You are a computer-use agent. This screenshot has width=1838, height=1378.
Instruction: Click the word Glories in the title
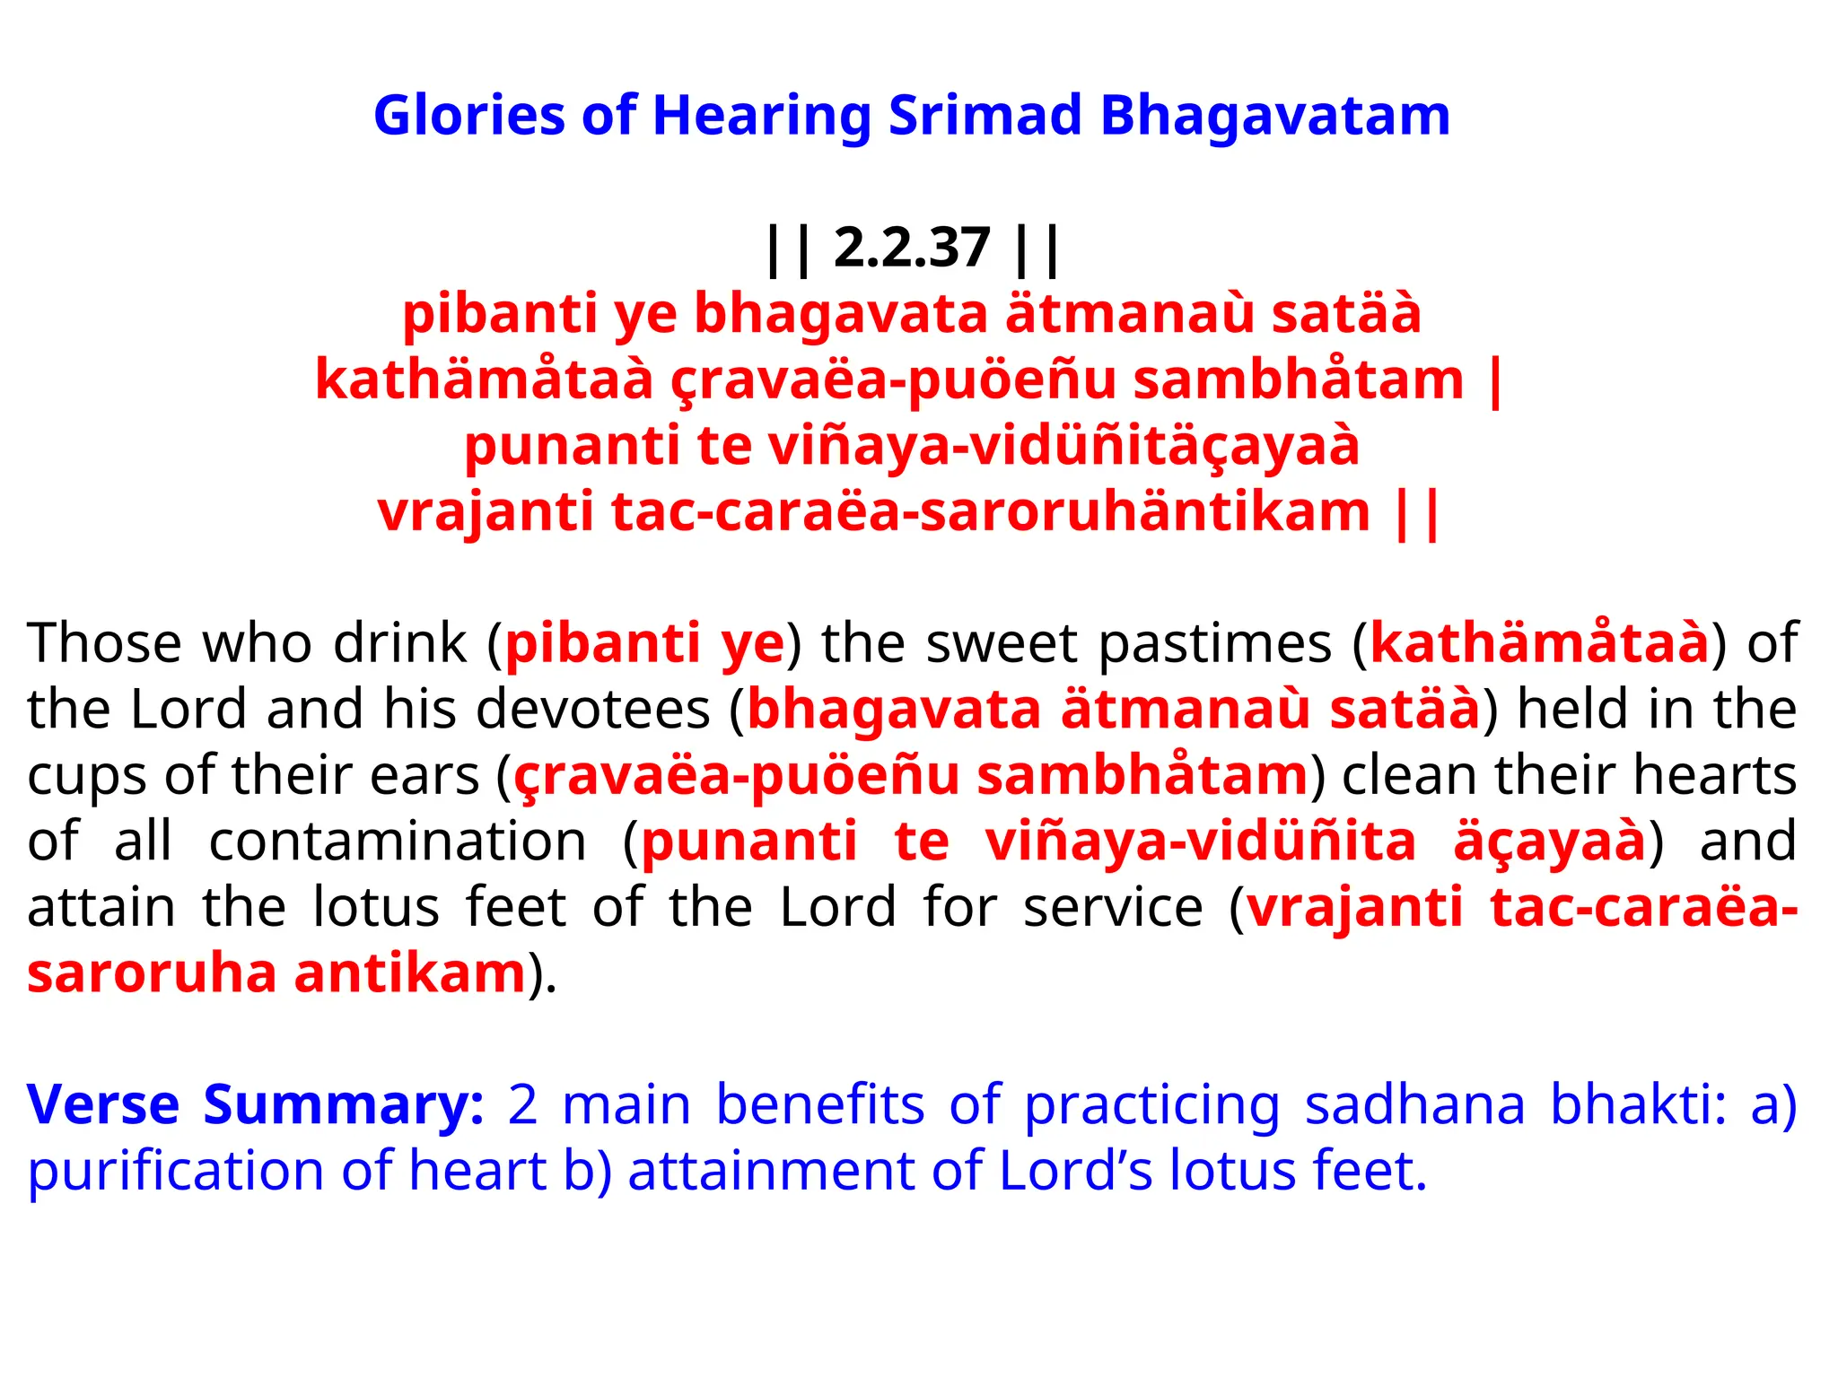coord(468,117)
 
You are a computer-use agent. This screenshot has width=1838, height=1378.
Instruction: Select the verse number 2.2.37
coord(912,249)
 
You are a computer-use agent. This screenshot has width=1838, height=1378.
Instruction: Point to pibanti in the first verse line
coord(499,314)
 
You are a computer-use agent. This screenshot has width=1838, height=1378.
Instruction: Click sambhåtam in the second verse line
coord(1299,379)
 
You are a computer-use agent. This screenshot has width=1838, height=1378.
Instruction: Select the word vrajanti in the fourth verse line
coord(486,512)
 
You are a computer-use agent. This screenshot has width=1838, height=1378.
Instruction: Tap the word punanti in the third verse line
coord(572,446)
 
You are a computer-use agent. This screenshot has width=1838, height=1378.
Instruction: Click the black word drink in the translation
coord(400,643)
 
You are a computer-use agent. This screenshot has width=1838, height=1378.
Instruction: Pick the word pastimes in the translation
coord(1215,643)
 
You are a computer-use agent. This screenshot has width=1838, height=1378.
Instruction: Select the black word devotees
coord(593,710)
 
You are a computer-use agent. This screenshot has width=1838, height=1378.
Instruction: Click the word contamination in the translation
coord(398,842)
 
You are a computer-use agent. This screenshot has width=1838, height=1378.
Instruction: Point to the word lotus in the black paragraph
coord(376,907)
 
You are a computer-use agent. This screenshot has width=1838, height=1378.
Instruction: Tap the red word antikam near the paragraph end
coord(410,973)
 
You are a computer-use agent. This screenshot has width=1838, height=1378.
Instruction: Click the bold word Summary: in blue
coord(344,1104)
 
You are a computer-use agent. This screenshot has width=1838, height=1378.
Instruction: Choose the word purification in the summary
coord(176,1171)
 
